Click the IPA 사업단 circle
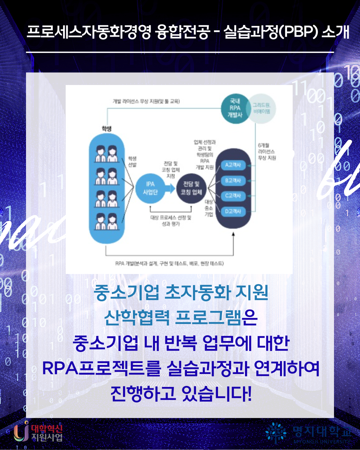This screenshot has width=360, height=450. (150, 188)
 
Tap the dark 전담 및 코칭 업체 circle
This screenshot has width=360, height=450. (191, 189)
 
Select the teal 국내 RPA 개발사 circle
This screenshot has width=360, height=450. (235, 108)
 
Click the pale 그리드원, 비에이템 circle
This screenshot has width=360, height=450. (262, 108)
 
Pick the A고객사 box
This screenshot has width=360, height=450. (233, 165)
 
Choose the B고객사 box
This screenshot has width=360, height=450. (233, 181)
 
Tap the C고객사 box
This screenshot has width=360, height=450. (233, 196)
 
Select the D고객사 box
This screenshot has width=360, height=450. (233, 211)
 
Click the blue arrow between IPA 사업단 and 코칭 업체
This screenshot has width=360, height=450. (170, 189)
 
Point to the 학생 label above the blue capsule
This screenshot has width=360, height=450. (106, 129)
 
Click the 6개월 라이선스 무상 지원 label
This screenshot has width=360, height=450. (267, 152)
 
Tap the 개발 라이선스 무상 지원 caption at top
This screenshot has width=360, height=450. (146, 101)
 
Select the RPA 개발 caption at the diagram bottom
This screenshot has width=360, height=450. (169, 263)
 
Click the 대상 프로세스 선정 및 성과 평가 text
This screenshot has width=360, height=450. (171, 221)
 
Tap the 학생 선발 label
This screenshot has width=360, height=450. (132, 162)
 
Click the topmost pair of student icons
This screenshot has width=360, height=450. (107, 154)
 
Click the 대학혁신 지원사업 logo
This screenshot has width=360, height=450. (38, 432)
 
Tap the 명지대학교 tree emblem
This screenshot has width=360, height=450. (276, 432)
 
